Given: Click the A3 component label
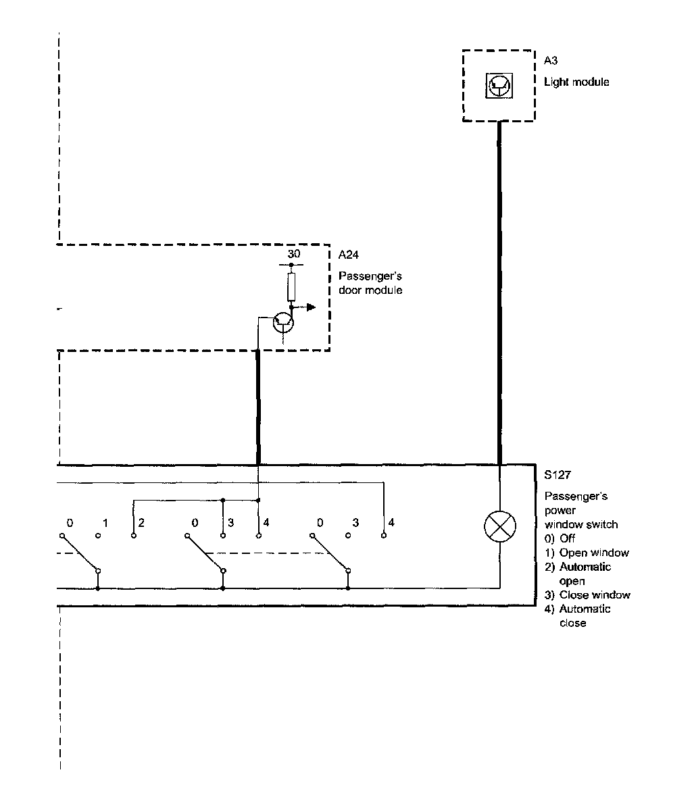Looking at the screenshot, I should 551,61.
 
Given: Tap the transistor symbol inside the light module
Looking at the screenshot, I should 499,84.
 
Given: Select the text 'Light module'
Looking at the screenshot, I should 576,82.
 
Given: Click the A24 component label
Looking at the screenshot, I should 348,255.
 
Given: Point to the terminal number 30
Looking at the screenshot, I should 293,255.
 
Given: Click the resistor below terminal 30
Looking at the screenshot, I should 291,286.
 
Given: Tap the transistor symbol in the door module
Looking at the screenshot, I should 283,323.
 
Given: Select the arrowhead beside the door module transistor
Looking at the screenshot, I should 310,307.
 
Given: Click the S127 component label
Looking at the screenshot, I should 558,475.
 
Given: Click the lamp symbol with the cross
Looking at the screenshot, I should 499,526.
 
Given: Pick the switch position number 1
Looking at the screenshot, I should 105,523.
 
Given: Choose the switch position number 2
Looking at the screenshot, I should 141,523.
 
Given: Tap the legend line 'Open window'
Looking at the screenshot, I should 593,553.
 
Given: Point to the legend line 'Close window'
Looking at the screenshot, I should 594,595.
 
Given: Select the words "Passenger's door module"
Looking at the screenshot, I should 370,283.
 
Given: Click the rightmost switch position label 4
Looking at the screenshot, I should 391,523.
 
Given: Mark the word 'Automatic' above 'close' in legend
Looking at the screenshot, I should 585,609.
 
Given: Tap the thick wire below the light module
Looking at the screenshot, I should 499,290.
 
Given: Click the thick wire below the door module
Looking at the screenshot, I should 258,405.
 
